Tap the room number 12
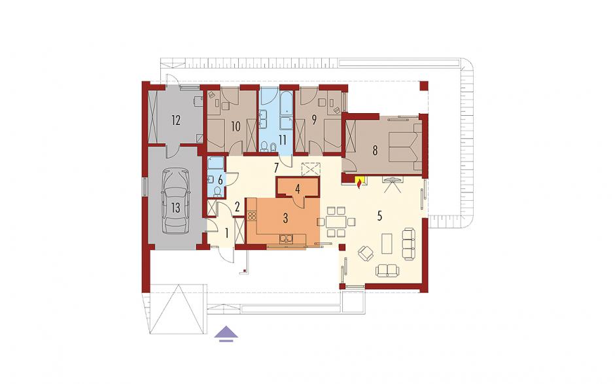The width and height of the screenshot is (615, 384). click(x=176, y=120)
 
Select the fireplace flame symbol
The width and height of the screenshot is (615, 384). click(x=359, y=183)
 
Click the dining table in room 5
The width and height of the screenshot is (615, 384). click(x=336, y=222)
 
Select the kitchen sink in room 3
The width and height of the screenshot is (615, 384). click(x=286, y=238)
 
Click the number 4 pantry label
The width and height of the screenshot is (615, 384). click(x=298, y=189)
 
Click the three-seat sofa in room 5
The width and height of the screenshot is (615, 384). click(x=408, y=244)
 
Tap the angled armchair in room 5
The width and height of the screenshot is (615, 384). click(x=366, y=253)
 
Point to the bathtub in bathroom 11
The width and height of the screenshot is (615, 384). click(x=286, y=111)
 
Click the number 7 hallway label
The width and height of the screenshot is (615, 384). click(x=276, y=168)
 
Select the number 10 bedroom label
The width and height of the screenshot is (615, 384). click(x=236, y=126)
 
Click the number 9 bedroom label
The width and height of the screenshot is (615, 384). click(x=314, y=120)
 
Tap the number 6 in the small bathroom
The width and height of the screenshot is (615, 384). click(x=220, y=180)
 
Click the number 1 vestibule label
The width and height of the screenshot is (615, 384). click(x=226, y=234)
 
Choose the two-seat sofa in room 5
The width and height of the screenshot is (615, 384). click(x=387, y=270)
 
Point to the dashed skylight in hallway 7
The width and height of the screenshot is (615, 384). click(x=311, y=169)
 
